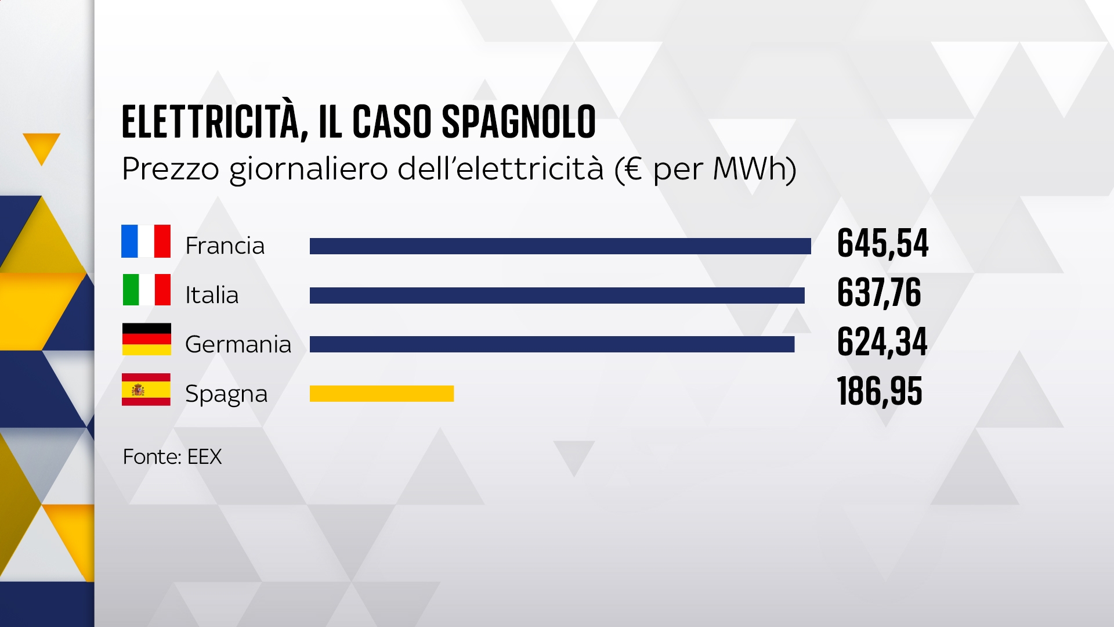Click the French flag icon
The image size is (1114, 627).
click(x=146, y=241)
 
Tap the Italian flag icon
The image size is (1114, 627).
click(x=146, y=290)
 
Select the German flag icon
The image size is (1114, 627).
click(x=146, y=339)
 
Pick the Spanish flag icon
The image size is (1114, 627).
click(x=146, y=389)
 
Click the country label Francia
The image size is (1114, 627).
click(x=225, y=246)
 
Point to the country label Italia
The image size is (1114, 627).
click(x=212, y=296)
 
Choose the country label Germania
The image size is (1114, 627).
click(x=238, y=344)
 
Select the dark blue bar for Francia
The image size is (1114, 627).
click(x=560, y=246)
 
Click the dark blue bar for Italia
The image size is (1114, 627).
click(x=557, y=296)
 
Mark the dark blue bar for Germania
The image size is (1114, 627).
click(x=552, y=344)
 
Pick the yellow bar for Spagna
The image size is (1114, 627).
click(x=382, y=394)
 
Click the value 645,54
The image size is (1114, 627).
click(x=882, y=243)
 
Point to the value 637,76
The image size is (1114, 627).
click(x=879, y=293)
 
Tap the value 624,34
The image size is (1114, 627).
click(x=882, y=342)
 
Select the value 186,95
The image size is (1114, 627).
click(x=880, y=391)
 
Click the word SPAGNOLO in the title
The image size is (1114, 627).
click(x=519, y=122)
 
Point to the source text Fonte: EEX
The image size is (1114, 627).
click(x=172, y=457)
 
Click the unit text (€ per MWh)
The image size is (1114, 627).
click(x=706, y=169)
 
